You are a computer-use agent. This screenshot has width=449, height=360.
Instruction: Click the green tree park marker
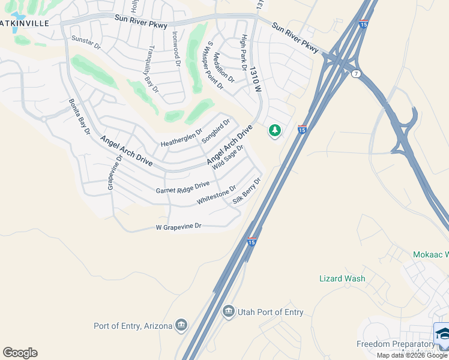275,130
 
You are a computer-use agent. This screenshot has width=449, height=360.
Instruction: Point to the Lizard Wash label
342,278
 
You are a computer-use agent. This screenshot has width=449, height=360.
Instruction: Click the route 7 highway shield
357,73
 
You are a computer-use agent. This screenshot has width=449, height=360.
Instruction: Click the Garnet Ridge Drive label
182,187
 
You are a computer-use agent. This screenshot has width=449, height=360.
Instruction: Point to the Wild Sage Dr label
228,157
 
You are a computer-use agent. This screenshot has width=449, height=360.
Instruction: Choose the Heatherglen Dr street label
181,140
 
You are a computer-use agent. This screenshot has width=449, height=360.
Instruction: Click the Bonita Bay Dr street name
79,116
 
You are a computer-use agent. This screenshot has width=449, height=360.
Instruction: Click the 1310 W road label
257,79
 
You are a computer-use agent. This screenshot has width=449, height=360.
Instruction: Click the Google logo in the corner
20,353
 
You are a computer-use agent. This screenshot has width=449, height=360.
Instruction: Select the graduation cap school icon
442,334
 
